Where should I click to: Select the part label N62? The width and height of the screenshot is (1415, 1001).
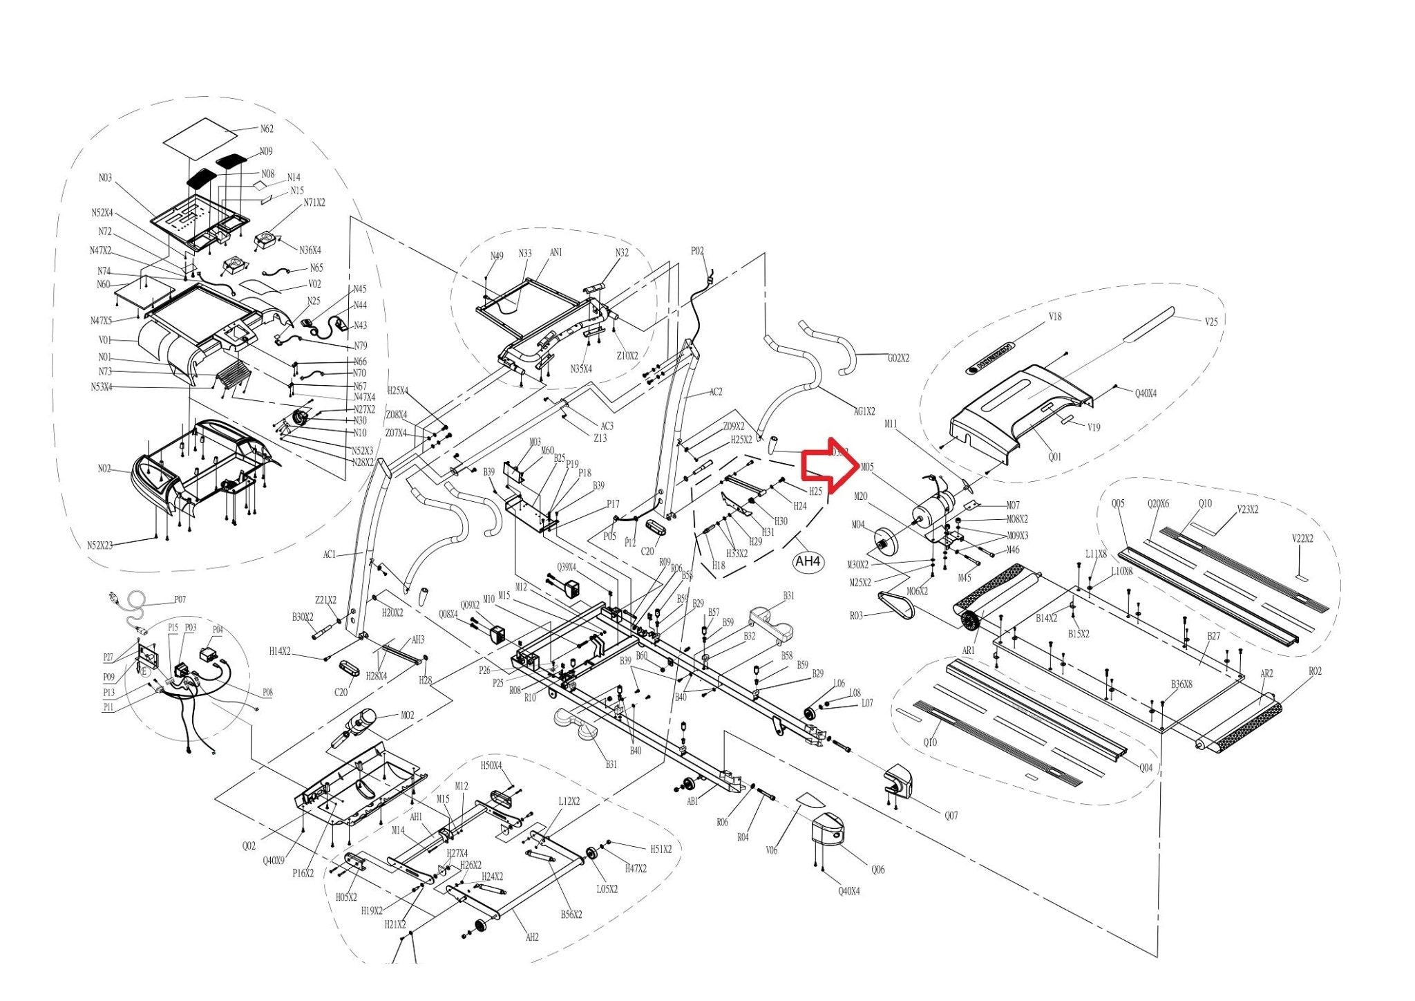point(267,129)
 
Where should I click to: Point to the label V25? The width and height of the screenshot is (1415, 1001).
point(1211,321)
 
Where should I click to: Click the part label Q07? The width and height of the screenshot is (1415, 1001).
point(951,816)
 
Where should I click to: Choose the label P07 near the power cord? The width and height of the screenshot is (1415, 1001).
point(180,599)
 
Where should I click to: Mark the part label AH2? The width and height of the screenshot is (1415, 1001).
point(532,937)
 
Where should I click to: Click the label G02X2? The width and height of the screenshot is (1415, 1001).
point(898,358)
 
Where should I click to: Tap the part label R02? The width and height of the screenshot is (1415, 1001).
point(1315,671)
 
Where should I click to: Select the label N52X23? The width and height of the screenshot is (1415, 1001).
point(100,545)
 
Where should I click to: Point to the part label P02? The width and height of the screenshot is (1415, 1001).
point(697,251)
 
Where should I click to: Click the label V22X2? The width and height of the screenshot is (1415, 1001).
point(1302,539)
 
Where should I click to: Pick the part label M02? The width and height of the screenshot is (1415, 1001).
point(408,715)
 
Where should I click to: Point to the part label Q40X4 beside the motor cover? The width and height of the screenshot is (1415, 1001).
point(1146,393)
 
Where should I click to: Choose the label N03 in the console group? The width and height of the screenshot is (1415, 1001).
point(104,178)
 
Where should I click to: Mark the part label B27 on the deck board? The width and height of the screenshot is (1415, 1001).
point(1213,636)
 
